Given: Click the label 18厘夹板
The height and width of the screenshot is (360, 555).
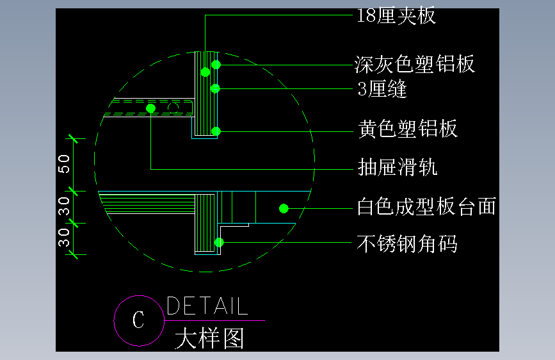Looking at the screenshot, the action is click(x=396, y=16).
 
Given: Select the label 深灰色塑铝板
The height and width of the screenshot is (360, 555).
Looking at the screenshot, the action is click(x=415, y=64).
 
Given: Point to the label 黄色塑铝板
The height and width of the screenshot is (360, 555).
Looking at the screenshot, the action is click(x=408, y=129).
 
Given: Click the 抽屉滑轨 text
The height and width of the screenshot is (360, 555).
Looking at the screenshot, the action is click(x=398, y=168).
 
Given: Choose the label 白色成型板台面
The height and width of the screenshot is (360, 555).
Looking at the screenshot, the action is click(x=426, y=207).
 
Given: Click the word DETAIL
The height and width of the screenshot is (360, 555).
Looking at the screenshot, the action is click(x=207, y=306).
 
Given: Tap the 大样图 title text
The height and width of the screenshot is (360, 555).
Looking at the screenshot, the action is click(x=209, y=338).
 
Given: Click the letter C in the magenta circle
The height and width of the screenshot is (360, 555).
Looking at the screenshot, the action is click(x=138, y=320).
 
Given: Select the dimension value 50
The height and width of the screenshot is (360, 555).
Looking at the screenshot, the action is click(x=65, y=164).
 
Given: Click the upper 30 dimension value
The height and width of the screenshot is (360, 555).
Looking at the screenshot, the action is click(x=65, y=206).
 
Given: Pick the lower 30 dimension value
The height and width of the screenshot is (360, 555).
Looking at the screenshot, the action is click(x=65, y=238).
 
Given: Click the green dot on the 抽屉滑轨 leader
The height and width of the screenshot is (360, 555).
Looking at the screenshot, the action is click(x=151, y=109).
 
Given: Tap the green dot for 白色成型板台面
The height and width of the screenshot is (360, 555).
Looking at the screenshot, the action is click(x=284, y=208).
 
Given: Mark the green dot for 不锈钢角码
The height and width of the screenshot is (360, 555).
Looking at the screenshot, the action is click(x=219, y=242).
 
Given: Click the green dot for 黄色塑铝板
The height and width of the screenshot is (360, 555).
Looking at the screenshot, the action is click(x=216, y=131).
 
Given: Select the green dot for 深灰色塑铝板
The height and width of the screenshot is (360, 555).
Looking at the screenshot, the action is click(x=216, y=64).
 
